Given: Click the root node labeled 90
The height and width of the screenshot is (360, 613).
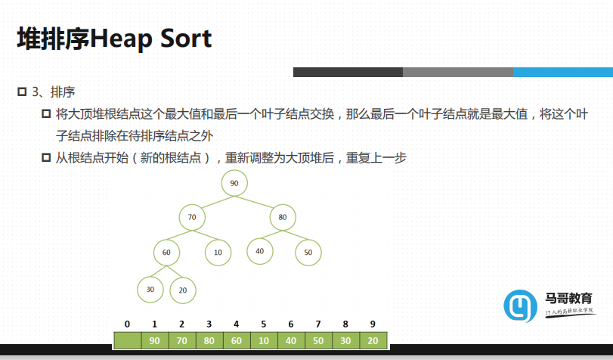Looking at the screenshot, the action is (234, 183).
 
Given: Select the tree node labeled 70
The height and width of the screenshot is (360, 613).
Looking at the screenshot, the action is (192, 217).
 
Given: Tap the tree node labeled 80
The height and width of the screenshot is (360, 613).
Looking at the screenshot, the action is (283, 217).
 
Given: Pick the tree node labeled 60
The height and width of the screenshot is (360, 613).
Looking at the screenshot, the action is (166, 253).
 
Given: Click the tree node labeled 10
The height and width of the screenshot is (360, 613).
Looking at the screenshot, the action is (218, 253).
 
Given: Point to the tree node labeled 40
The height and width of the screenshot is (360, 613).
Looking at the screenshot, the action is (260, 251).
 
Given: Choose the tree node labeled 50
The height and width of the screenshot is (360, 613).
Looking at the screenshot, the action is (308, 253).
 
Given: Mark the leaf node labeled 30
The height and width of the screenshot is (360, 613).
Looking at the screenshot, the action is (150, 290).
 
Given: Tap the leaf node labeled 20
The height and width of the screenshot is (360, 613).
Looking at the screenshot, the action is (183, 290).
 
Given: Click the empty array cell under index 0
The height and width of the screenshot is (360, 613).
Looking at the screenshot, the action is (128, 340).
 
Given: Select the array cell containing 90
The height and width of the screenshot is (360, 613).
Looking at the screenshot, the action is (155, 340).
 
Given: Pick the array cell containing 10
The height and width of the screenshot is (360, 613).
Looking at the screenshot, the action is (264, 340).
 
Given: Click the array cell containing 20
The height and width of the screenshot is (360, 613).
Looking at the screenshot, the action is (373, 340).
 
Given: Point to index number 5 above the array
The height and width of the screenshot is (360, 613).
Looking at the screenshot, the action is (264, 324).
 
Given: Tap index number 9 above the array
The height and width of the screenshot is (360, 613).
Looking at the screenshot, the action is (373, 324).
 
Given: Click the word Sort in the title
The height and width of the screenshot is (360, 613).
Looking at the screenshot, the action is (186, 39).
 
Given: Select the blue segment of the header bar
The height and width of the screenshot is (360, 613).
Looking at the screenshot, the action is (563, 72).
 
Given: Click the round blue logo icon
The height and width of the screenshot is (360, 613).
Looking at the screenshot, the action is (520, 306).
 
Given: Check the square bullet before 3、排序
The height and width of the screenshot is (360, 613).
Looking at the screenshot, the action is (22, 92).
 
